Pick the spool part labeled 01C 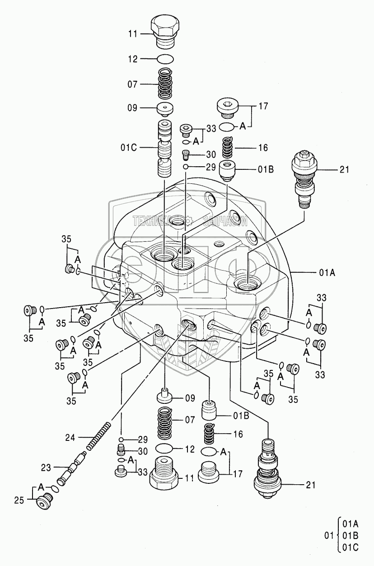point(166,149)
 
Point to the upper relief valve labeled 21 point(305,178)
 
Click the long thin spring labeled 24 point(98,437)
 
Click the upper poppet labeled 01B point(228,171)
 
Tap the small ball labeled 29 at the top point(186,167)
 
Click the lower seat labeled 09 point(165,396)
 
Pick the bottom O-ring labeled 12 point(165,449)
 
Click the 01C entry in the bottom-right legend point(350,547)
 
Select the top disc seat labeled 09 point(166,108)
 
